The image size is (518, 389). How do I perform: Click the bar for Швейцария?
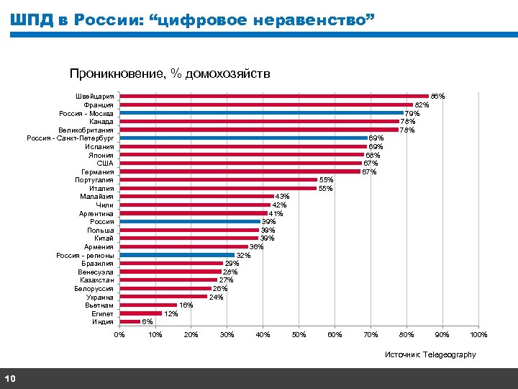273,96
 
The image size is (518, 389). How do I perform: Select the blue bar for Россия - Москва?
261,112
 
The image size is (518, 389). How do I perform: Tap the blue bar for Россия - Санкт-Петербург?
243,138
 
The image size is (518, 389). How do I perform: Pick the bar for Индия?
130,322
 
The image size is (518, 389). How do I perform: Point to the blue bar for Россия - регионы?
177,255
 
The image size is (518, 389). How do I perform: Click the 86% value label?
437,96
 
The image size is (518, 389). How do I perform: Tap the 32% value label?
243,255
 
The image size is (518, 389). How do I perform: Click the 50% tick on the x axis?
299,334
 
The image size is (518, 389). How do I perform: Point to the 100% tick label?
478,334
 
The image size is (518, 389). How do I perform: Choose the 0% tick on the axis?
120,334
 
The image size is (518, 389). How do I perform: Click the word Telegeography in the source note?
450,354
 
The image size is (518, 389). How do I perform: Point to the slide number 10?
10,379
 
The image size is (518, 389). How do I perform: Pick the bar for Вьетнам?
148,305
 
